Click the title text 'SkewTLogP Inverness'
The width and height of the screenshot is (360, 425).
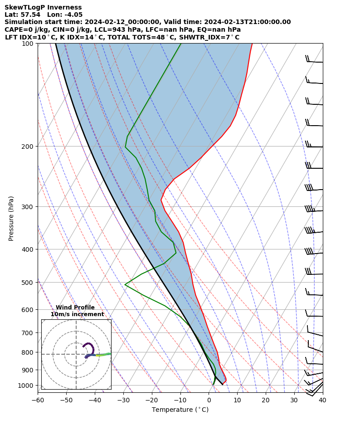tap(43, 7)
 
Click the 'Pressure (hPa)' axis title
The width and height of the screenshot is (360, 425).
tap(11, 218)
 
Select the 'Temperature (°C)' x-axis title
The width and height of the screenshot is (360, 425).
tap(180, 410)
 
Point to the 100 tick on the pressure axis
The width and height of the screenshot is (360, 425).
tap(28, 44)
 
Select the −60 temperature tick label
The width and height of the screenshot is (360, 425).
tap(38, 400)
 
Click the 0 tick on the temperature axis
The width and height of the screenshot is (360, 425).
tap(209, 400)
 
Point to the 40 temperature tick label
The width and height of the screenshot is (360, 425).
tap(322, 400)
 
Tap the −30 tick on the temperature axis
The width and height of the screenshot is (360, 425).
tap(123, 400)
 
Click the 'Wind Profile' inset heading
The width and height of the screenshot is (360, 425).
tap(75, 308)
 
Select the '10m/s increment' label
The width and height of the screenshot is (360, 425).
tap(77, 314)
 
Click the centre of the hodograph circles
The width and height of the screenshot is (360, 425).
tap(76, 354)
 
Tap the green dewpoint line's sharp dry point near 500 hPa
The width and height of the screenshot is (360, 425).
tap(125, 285)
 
